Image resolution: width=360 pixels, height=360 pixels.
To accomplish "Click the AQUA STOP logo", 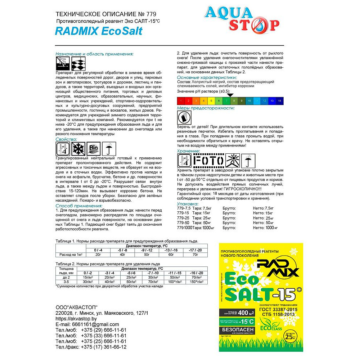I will pyautogui.click(x=242, y=19).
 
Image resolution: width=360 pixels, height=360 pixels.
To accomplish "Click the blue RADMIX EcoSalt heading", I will pyautogui.click(x=99, y=31).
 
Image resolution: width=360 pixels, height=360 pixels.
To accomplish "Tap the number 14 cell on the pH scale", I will pyautogui.click(x=280, y=100).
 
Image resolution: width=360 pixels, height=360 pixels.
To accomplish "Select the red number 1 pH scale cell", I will pyautogui.click(x=181, y=100).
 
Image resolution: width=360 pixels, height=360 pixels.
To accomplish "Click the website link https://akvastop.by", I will pyautogui.click(x=77, y=319).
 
